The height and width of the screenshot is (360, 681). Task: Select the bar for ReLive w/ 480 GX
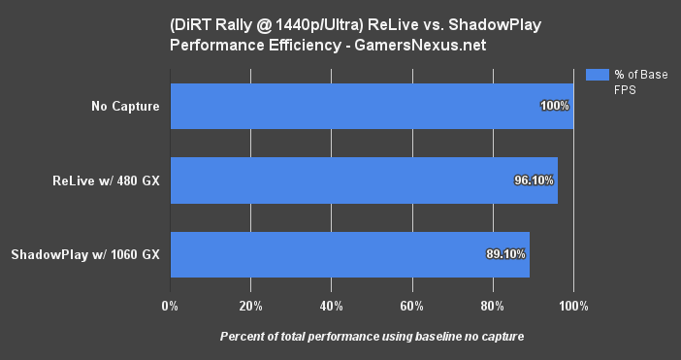(x=364, y=180)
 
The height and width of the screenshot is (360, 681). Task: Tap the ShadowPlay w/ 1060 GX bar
(x=349, y=255)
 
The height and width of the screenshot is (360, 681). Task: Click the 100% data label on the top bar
(x=555, y=106)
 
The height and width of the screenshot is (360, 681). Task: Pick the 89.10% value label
(x=505, y=255)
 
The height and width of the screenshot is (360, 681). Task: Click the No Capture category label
(x=121, y=106)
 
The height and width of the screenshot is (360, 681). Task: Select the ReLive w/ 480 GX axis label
(x=107, y=180)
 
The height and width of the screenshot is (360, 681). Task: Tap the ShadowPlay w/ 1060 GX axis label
(x=85, y=255)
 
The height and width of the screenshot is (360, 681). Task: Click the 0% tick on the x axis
(x=170, y=307)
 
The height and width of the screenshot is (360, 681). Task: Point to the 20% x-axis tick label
(x=250, y=307)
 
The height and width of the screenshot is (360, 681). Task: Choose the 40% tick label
(x=331, y=307)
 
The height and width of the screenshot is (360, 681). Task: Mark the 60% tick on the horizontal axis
(x=412, y=307)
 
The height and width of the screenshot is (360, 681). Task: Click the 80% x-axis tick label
(x=493, y=307)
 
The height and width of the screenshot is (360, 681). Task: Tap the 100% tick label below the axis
(x=573, y=307)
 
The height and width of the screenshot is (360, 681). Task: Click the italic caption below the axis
(x=372, y=337)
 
